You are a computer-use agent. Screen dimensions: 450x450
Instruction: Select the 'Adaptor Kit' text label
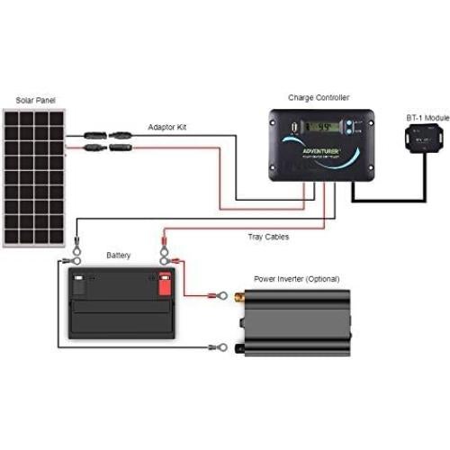166,128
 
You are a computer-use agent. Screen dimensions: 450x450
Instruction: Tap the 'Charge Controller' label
318,96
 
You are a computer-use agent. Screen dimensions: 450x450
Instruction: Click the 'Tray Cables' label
268,237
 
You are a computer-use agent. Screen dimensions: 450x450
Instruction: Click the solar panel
33,177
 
